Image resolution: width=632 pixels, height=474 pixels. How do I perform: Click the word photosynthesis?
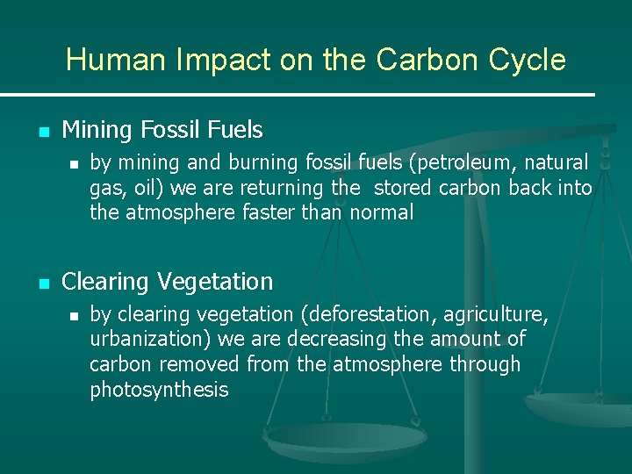159,390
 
